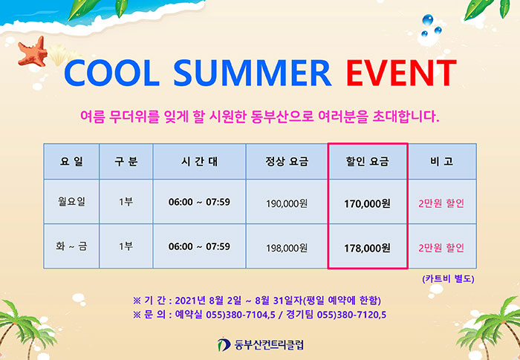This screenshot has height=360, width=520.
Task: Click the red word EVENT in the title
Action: click(401, 73)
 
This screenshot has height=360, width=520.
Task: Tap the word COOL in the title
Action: click(111, 73)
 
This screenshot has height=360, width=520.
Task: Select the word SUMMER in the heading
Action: click(253, 73)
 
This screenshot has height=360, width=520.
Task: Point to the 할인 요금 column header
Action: click(367, 161)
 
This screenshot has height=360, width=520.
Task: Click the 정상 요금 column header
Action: click(287, 161)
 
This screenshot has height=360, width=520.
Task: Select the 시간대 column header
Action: click(199, 161)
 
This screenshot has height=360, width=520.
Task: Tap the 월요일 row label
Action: click(71, 202)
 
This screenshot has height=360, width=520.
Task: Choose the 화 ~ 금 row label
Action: click(71, 246)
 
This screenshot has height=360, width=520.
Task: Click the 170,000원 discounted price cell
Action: click(367, 203)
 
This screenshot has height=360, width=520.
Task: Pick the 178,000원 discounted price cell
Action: click(367, 248)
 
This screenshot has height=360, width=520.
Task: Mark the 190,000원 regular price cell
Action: click(287, 203)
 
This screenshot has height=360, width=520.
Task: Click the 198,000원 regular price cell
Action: click(287, 248)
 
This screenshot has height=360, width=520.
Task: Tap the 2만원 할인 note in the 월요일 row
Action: click(441, 203)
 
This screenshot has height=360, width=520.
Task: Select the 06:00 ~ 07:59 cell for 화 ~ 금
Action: click(199, 246)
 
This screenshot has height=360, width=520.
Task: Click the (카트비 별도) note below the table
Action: click(448, 279)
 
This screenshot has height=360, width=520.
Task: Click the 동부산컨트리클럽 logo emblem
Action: click(224, 344)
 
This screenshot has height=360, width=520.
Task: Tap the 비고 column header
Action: click(442, 161)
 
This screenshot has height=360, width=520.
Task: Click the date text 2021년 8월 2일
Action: click(208, 301)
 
